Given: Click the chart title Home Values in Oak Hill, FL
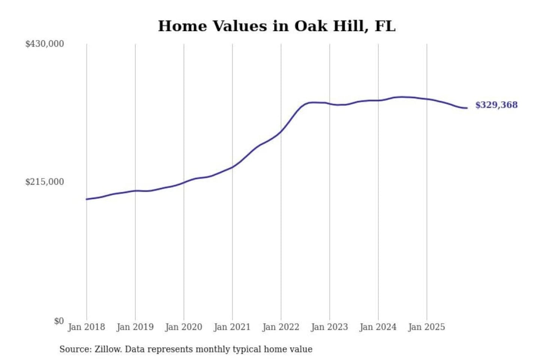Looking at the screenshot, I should [276, 26].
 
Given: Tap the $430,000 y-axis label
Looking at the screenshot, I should [45, 44].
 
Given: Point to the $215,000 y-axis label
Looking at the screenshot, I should [45, 182].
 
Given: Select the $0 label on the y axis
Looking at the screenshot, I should [59, 321].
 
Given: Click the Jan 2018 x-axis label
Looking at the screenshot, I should [86, 327].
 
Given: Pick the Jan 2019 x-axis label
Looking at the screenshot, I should [135, 327].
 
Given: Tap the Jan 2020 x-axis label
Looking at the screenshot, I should [183, 327].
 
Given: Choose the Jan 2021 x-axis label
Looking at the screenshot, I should [232, 327].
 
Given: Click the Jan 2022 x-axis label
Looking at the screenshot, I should [280, 327].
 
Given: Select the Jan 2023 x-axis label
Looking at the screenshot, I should [329, 327].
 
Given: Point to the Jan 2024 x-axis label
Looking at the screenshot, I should [378, 327].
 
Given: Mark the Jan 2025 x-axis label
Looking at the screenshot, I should [426, 327].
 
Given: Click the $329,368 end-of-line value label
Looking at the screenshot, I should [496, 105].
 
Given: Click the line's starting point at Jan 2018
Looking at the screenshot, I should [87, 199].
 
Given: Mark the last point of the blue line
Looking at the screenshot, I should [467, 108].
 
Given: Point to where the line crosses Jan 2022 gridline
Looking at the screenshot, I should [281, 131].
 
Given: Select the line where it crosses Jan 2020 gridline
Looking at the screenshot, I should [184, 183].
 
